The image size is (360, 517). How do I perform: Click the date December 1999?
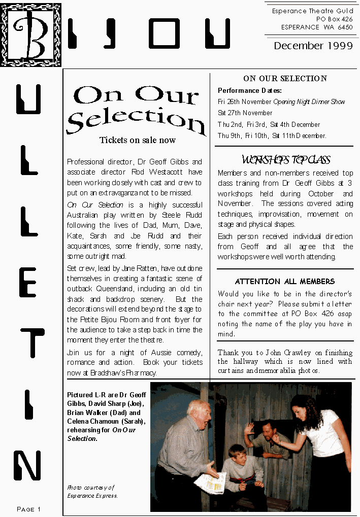point(313,46)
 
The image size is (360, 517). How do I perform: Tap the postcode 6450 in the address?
point(343,27)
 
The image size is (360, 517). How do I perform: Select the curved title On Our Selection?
point(136,109)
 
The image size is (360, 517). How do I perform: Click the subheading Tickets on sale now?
point(137,141)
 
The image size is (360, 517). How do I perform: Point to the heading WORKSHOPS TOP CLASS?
point(286,160)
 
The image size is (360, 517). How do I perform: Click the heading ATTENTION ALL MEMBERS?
point(285,282)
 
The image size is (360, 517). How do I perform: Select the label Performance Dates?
point(250,91)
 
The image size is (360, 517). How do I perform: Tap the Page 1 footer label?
point(29,509)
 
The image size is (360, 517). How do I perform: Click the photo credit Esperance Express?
point(92,496)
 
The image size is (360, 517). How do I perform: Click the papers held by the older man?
point(211,482)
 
